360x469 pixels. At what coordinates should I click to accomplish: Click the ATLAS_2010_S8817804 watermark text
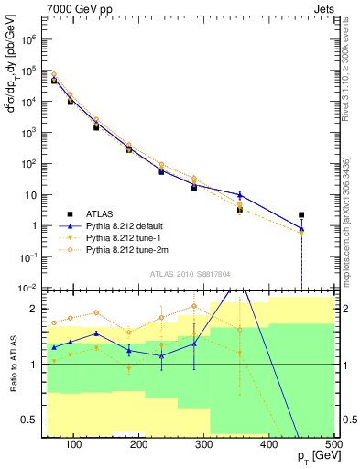click(190, 272)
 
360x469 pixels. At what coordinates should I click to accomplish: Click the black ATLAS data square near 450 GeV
click(301, 215)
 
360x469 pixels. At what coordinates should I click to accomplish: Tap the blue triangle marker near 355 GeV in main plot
click(240, 194)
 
